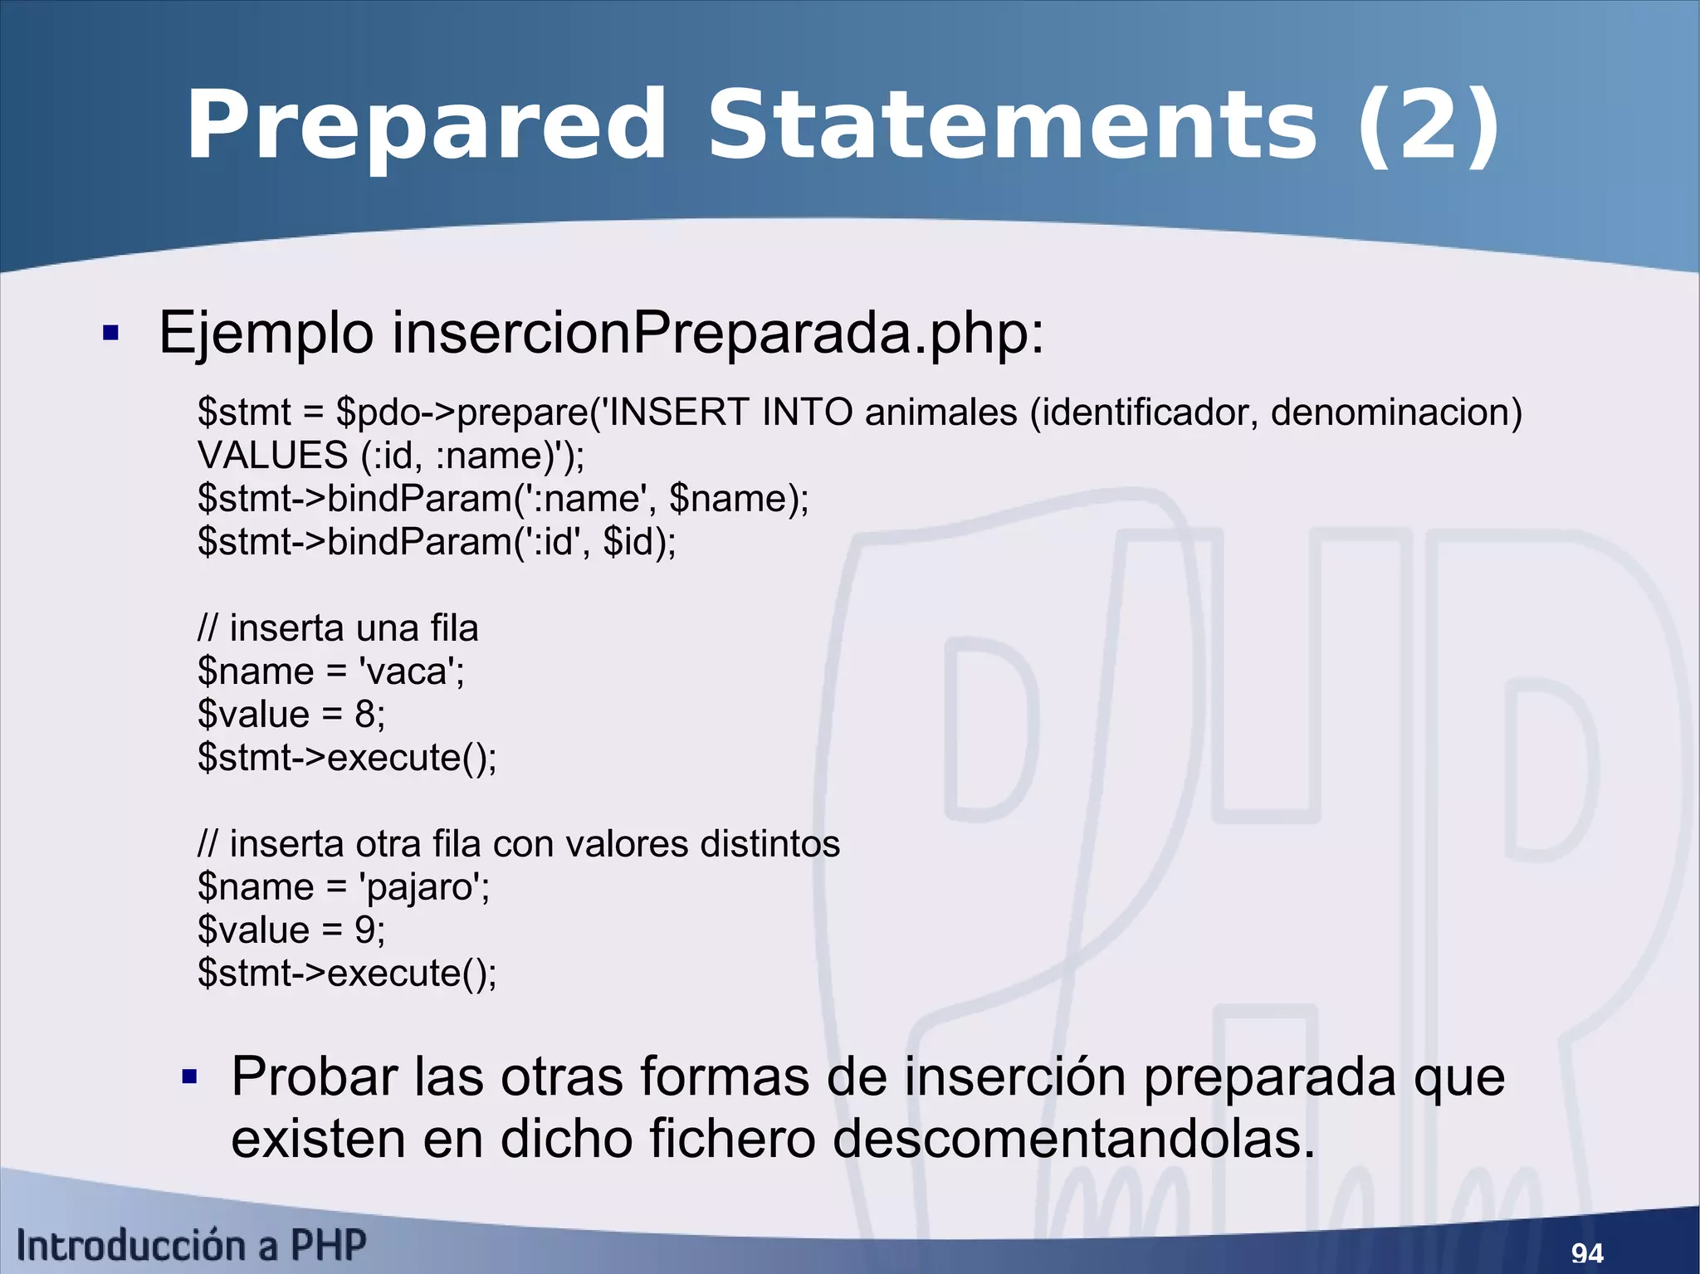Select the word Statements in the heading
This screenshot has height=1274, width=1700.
[1011, 127]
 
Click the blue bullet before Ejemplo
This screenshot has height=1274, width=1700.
[110, 334]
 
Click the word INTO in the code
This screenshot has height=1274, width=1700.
[807, 412]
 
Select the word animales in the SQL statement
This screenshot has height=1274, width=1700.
[940, 412]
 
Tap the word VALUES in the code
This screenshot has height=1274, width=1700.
[272, 456]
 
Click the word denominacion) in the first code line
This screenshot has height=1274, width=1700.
[1396, 412]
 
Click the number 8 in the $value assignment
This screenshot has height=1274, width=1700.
[364, 715]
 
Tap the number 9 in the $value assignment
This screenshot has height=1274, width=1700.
[364, 930]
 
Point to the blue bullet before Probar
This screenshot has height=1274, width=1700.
[189, 1077]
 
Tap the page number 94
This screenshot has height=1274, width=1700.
[1587, 1252]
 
